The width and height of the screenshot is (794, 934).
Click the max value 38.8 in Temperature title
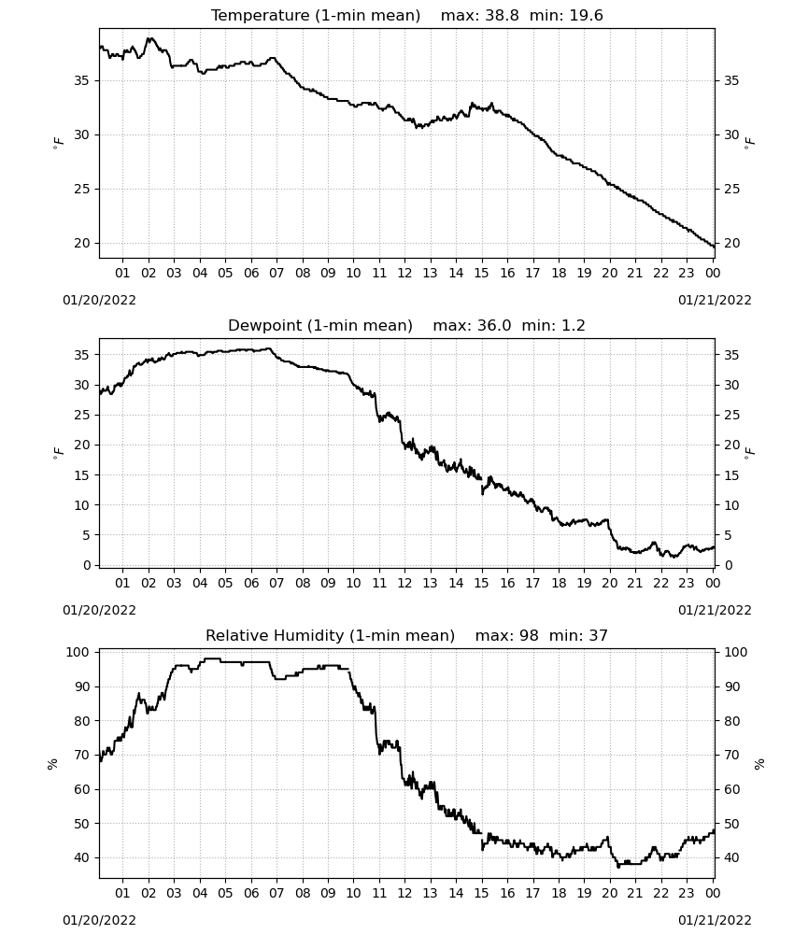(x=502, y=16)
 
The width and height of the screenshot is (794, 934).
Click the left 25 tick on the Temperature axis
(x=82, y=190)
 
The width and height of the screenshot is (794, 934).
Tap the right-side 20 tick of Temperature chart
(x=732, y=243)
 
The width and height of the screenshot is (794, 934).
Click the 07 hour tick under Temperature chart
(x=276, y=273)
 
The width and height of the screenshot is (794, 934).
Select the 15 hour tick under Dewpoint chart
(x=481, y=583)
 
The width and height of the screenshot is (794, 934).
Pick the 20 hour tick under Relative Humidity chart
(x=609, y=893)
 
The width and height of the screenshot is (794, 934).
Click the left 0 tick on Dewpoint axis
(x=87, y=565)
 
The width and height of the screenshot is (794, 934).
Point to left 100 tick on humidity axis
(x=78, y=652)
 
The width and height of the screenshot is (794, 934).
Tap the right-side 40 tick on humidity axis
(x=732, y=857)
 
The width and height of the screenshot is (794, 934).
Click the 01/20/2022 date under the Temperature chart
(x=99, y=300)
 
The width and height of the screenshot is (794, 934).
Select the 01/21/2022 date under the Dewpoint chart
(x=715, y=610)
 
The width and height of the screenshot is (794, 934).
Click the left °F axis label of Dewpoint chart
(x=58, y=452)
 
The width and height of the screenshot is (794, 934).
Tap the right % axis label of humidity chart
(x=759, y=764)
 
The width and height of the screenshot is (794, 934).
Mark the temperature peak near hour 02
(x=150, y=38)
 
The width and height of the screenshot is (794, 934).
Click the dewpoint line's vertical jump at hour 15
(x=482, y=486)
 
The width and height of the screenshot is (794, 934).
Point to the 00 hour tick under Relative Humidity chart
(x=713, y=893)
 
